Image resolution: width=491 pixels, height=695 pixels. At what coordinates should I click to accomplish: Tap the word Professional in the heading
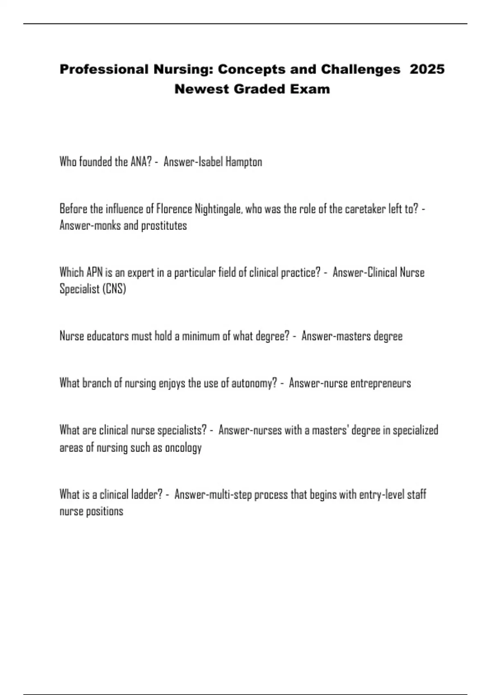pyautogui.click(x=104, y=69)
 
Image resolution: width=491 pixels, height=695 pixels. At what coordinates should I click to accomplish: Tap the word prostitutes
pyautogui.click(x=164, y=226)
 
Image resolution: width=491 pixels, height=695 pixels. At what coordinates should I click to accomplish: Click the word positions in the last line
pyautogui.click(x=104, y=511)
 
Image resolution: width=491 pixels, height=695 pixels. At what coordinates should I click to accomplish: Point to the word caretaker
pyautogui.click(x=365, y=209)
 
